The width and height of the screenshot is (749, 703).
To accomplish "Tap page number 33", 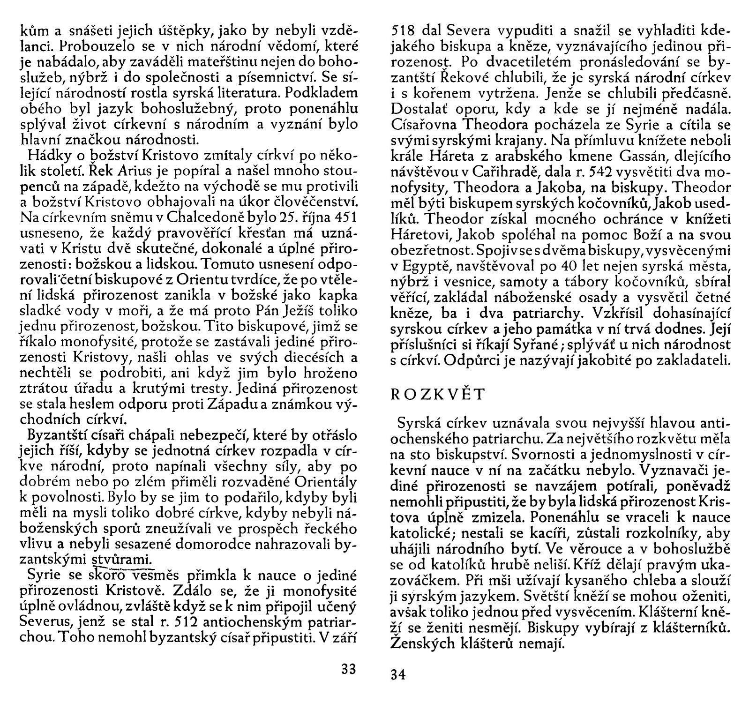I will pos(348,668).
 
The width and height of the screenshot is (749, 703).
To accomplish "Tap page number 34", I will pos(398,675).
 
